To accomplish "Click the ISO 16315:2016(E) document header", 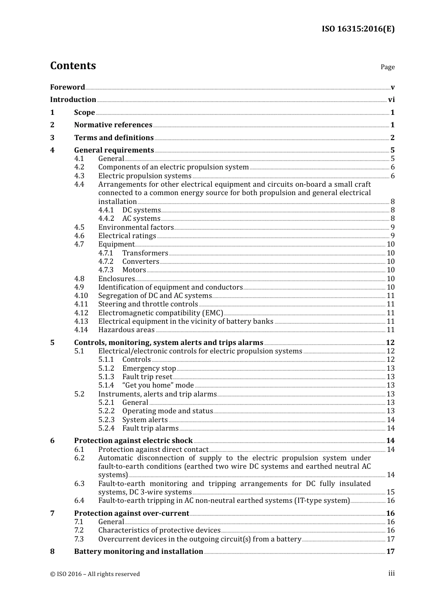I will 358,29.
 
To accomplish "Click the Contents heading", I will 73,66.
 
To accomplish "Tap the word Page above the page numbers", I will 387,67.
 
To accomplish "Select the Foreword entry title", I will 67,87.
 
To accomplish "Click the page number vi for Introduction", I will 391,100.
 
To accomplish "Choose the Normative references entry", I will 113,125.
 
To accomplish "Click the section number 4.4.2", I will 106,219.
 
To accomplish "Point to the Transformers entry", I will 145,253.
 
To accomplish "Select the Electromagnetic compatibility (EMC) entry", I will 160,313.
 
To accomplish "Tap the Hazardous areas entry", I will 126,330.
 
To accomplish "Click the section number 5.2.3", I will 106,420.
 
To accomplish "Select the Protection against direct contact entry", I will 153,450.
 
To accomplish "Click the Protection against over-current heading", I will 132,514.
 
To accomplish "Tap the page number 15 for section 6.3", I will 390,492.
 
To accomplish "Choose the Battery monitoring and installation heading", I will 138,552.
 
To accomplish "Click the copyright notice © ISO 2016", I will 95,574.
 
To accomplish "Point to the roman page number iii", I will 391,573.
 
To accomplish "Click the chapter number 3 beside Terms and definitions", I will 52,138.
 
